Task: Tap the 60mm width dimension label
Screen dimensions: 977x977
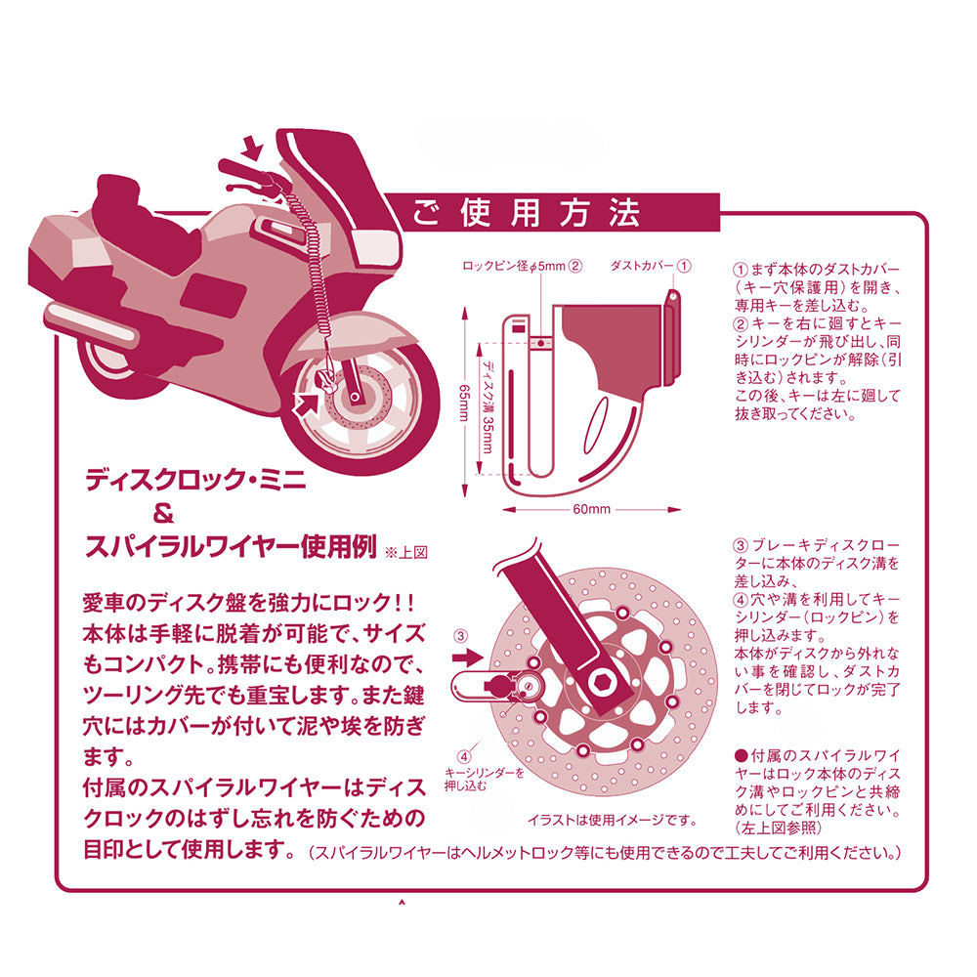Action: click(x=591, y=509)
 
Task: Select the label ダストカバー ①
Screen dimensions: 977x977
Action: click(x=651, y=265)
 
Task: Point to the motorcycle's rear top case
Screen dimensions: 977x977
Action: click(x=64, y=250)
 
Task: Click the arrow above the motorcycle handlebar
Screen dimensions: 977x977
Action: click(x=251, y=149)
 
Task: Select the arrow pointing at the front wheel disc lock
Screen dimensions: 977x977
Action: click(x=310, y=399)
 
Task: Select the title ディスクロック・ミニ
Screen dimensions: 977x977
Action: click(x=195, y=480)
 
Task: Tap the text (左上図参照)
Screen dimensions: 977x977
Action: click(x=778, y=828)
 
